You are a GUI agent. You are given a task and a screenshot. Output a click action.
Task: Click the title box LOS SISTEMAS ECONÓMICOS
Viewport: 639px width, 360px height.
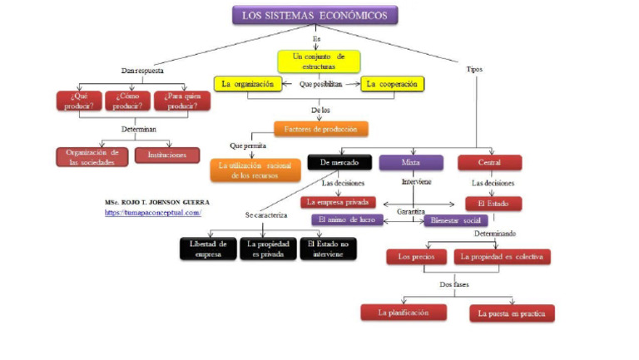[x=314, y=15]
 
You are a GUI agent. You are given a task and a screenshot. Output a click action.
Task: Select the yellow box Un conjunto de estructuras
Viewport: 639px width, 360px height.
[x=319, y=61]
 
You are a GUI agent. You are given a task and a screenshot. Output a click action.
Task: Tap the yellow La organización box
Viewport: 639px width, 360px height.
[x=247, y=84]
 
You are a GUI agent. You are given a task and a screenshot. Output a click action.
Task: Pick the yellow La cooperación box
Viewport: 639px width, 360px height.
[x=393, y=84]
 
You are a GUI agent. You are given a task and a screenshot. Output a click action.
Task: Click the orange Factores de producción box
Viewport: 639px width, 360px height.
[x=320, y=129]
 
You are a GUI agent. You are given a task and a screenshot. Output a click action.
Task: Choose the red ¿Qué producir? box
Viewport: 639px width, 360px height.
[x=79, y=101]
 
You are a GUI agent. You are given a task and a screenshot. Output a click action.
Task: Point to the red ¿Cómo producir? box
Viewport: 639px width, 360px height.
[x=128, y=101]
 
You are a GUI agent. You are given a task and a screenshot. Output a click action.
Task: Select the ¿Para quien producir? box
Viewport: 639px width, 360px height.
[x=182, y=101]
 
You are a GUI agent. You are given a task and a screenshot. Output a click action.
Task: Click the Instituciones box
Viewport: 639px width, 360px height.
[x=166, y=155]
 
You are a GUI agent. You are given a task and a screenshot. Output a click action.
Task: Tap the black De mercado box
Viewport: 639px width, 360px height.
[x=339, y=162]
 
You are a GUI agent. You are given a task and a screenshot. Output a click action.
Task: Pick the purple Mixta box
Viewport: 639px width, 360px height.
[x=411, y=162]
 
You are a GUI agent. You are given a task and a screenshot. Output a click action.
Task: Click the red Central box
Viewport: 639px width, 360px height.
[x=489, y=162]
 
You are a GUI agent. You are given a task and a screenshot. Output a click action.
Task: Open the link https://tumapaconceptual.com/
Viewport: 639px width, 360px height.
[x=153, y=213]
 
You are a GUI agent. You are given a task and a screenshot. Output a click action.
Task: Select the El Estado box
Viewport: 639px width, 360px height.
[x=493, y=203]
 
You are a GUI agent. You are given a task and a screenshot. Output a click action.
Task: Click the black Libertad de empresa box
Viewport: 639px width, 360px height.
[x=208, y=249]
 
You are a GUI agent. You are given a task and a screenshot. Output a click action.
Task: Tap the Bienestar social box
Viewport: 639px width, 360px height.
[x=454, y=220]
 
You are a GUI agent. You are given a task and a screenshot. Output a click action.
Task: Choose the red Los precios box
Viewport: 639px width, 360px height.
[x=417, y=257]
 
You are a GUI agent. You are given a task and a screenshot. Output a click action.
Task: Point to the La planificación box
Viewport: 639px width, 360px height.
[x=404, y=313]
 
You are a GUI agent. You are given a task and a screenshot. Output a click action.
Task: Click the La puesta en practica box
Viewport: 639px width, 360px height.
[x=512, y=313]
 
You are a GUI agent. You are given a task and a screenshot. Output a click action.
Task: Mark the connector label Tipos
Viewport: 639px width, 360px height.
[x=474, y=69]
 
